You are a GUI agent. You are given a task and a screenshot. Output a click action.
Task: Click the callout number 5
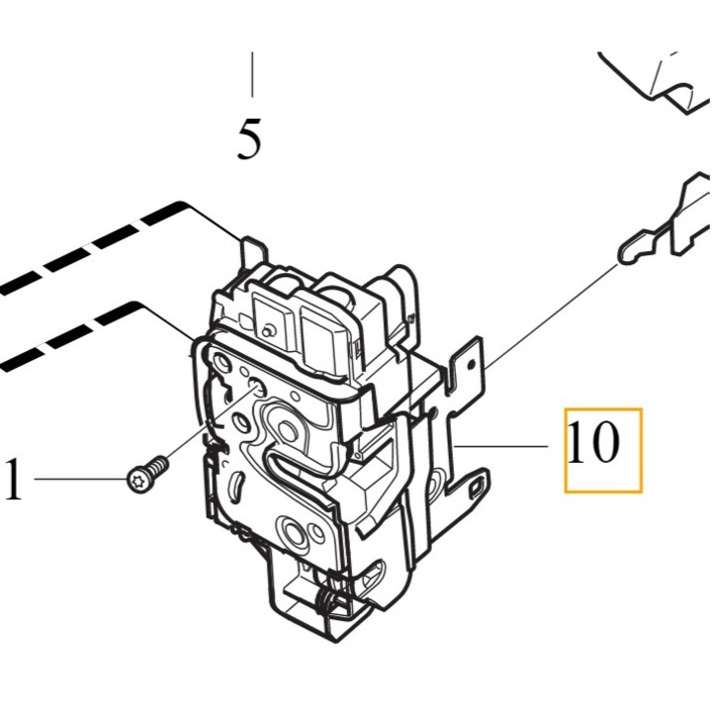(249, 138)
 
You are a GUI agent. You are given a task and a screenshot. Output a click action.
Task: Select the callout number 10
(593, 442)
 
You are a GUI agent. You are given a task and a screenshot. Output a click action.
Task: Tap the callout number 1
(13, 479)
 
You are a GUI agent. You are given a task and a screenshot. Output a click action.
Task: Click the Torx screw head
(138, 479)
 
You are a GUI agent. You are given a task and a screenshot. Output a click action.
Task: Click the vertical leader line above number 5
(252, 74)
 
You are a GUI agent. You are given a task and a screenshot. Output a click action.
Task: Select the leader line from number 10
(500, 447)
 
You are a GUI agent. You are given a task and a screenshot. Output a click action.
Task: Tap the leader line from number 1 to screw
(81, 479)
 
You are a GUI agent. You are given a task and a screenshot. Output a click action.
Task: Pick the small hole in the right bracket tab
(471, 363)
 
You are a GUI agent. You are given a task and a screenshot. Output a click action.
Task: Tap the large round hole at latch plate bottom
(295, 530)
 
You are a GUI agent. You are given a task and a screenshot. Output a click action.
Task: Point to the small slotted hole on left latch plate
(235, 488)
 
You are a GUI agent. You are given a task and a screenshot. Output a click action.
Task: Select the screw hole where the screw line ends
(257, 388)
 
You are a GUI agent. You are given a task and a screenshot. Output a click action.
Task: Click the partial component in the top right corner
(659, 84)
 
